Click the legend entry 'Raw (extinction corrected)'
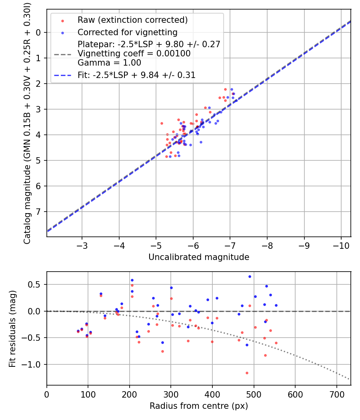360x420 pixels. point(132,20)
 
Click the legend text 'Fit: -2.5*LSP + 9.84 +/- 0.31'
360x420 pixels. point(136,75)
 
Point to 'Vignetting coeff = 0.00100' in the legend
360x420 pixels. point(134,53)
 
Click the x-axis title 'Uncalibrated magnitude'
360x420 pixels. point(199,257)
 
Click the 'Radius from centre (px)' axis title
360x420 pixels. point(199,406)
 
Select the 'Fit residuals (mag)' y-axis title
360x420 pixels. point(13,328)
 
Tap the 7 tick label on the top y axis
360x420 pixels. point(38,212)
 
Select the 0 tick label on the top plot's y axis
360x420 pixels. point(38,32)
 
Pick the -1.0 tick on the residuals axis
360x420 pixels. point(34,364)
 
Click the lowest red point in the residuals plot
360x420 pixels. point(247,373)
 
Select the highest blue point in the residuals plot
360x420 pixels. point(250,276)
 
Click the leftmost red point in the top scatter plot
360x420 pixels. point(162,123)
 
